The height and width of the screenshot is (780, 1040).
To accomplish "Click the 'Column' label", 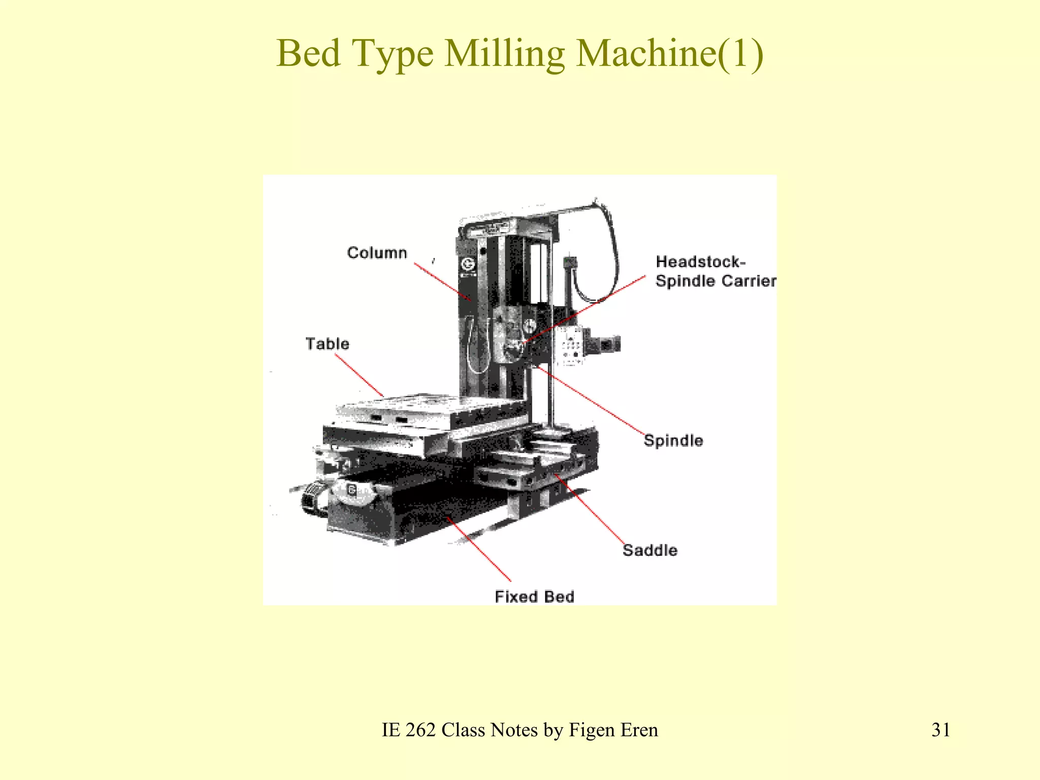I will pyautogui.click(x=377, y=253).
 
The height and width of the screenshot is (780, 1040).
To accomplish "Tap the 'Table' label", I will pyautogui.click(x=327, y=344).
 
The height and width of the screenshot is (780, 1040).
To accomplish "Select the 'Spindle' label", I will pyautogui.click(x=673, y=440).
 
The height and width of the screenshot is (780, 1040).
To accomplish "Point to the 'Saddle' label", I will pyautogui.click(x=649, y=550).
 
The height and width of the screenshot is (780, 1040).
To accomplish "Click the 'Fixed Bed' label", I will pyautogui.click(x=534, y=596).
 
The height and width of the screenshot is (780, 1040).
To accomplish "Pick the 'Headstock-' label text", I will pyautogui.click(x=700, y=262).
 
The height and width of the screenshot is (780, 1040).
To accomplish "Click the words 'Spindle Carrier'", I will pyautogui.click(x=716, y=281).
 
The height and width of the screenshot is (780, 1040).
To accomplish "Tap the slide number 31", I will pyautogui.click(x=940, y=730).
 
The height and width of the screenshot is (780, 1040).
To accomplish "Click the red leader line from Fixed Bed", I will pyautogui.click(x=479, y=549).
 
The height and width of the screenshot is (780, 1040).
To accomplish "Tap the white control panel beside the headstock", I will pyautogui.click(x=570, y=346).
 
